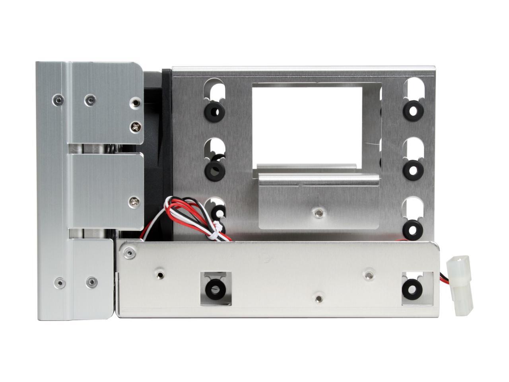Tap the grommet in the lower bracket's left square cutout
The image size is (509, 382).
pos(215,288)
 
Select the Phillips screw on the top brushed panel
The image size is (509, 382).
pos(135,127)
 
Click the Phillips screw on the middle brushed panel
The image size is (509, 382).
pos(134,202)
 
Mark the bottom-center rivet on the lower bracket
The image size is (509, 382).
pos(318,298)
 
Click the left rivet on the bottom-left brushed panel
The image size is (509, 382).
pos(60,283)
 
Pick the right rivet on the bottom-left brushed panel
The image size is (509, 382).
pos(91,282)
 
